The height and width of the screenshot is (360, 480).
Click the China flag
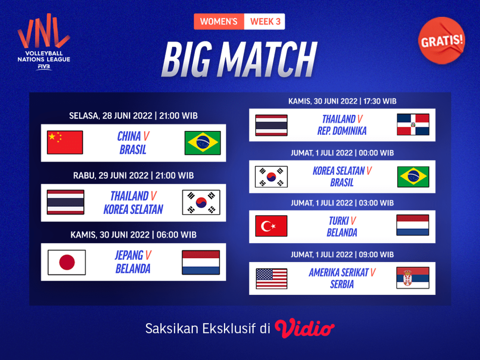(x=65, y=142)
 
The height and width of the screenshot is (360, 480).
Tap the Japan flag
(x=66, y=262)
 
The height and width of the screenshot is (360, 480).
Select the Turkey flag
(x=271, y=226)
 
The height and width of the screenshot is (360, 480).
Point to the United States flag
(x=271, y=278)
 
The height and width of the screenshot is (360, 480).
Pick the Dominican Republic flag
(x=413, y=124)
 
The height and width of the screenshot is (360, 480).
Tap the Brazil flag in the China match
(x=202, y=142)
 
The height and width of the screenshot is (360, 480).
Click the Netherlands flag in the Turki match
(x=413, y=225)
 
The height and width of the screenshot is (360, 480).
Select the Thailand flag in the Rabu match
(x=66, y=202)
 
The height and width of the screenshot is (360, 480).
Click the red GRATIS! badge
(x=442, y=40)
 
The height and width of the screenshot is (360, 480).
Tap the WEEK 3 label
(x=265, y=21)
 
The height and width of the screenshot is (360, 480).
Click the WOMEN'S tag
(x=219, y=21)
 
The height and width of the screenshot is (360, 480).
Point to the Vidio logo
(x=304, y=328)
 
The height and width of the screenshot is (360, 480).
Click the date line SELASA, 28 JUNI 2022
(x=111, y=116)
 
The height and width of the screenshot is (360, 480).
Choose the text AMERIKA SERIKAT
(x=339, y=272)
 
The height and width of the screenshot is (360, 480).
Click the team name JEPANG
(x=129, y=255)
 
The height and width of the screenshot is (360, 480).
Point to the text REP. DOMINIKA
(x=342, y=131)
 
